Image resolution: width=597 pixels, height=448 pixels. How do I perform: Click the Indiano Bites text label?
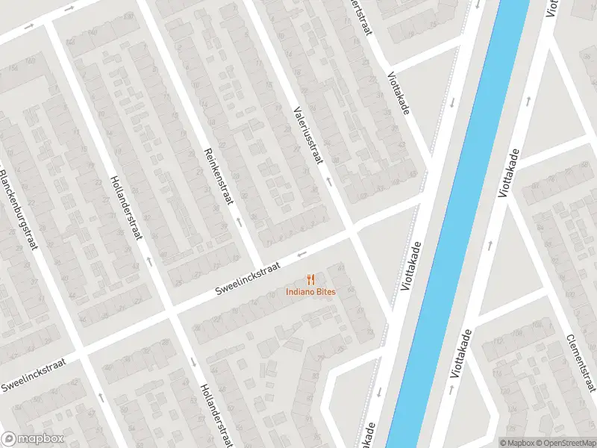(x=310, y=291)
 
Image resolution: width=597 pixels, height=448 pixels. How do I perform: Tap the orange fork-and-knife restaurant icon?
(x=310, y=279)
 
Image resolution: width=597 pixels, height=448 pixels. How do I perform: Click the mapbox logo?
(x=32, y=439)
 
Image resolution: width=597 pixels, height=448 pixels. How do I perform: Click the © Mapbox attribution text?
(x=518, y=443)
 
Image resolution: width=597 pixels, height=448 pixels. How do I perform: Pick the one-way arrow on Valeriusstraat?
(x=328, y=181)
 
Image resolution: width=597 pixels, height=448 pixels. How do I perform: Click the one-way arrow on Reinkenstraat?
(x=239, y=222)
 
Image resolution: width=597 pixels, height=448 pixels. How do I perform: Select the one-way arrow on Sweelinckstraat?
(x=302, y=254)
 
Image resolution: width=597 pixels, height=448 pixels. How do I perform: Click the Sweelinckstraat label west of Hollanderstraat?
(x=34, y=374)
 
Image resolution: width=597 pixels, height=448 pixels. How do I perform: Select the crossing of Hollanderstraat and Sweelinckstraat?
(x=170, y=311)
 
